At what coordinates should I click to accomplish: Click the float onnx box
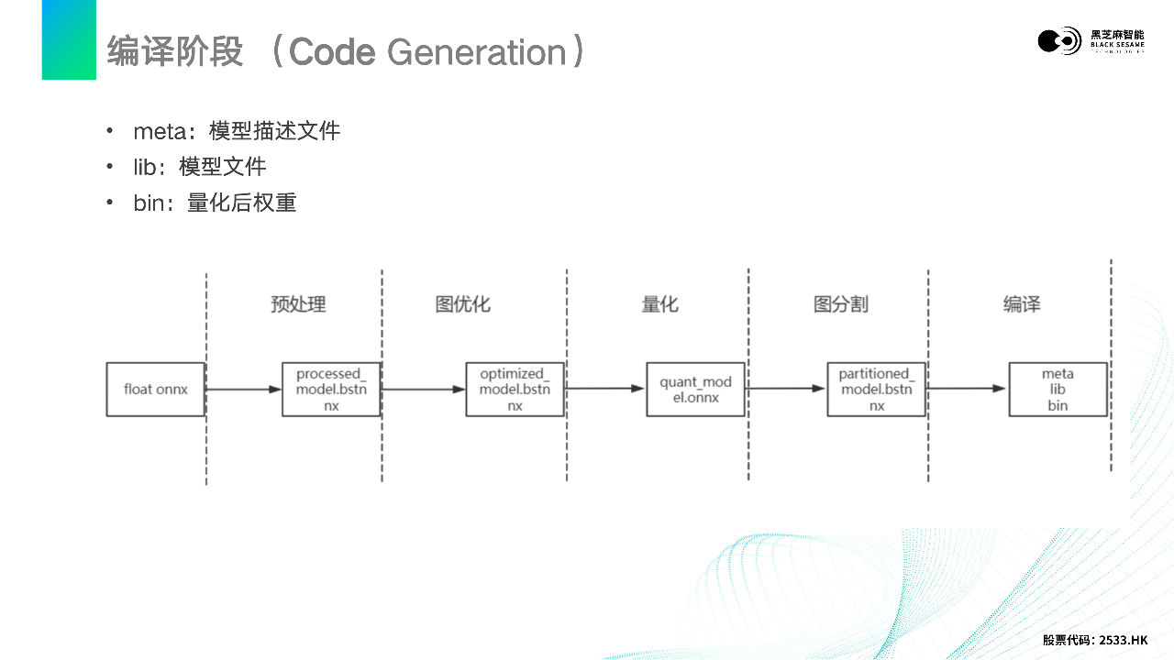click(x=155, y=390)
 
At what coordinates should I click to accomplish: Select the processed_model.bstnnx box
click(x=331, y=390)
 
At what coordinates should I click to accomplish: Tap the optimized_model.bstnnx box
click(x=515, y=390)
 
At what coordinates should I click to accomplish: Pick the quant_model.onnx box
click(x=695, y=390)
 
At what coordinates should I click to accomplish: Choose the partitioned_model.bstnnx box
click(x=876, y=390)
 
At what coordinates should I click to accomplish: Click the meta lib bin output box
click(x=1058, y=390)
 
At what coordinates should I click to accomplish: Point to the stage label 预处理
click(x=298, y=304)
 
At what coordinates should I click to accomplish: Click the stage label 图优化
click(x=462, y=304)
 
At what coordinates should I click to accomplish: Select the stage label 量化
click(x=659, y=304)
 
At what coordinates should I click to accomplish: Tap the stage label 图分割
click(x=840, y=304)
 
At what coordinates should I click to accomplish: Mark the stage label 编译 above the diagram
click(x=1022, y=304)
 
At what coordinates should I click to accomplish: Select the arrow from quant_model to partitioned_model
click(x=785, y=389)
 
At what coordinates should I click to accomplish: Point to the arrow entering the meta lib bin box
click(x=967, y=389)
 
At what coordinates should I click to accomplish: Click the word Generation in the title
click(x=476, y=52)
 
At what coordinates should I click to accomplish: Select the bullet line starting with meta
click(x=237, y=131)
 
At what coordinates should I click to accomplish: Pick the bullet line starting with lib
click(x=199, y=167)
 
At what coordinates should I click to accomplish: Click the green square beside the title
click(x=69, y=39)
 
